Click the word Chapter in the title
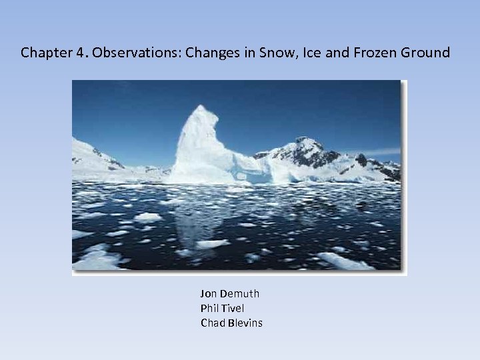(x=43, y=53)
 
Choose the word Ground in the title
(x=425, y=53)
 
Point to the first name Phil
(x=209, y=308)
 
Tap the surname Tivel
(x=233, y=308)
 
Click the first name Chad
(x=212, y=323)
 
